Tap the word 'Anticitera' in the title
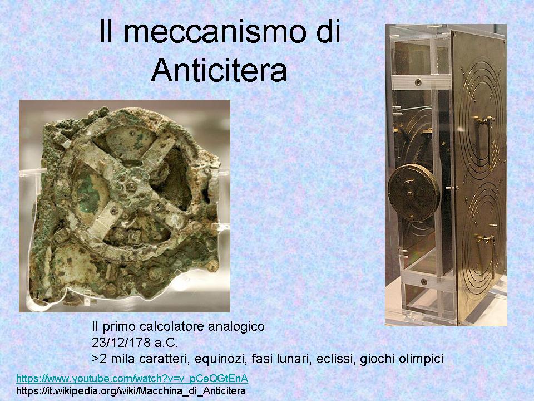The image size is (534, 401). [219, 70]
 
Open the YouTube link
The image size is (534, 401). [132, 379]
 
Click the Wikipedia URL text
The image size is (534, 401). [131, 390]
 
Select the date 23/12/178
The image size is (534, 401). [121, 343]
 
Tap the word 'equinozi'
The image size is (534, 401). [220, 359]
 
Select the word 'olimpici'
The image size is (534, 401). [421, 359]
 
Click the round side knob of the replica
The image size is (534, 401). [414, 193]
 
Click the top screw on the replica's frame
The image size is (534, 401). [418, 82]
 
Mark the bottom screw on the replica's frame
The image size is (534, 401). [424, 282]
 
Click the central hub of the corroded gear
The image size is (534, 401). [131, 186]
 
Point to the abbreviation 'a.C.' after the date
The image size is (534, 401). [166, 343]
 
